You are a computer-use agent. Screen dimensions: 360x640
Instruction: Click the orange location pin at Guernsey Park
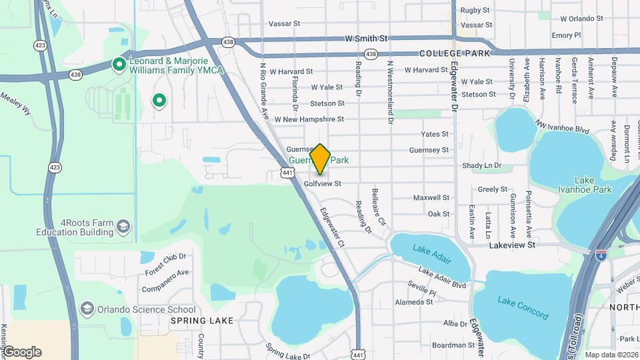(321, 159)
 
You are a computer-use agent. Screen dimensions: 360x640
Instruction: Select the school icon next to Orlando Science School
(87, 309)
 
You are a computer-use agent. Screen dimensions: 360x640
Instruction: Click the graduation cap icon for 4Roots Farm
(123, 228)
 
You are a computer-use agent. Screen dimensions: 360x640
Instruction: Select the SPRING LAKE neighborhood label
(202, 321)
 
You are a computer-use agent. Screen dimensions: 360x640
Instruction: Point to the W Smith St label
(366, 39)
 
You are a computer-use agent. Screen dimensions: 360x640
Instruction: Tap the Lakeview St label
(512, 245)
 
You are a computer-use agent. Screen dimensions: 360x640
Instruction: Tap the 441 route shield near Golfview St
(287, 173)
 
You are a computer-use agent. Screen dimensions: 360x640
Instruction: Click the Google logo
(22, 351)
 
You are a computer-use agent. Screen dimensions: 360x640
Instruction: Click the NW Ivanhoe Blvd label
(563, 126)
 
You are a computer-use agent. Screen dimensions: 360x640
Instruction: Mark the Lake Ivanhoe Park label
(593, 185)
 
